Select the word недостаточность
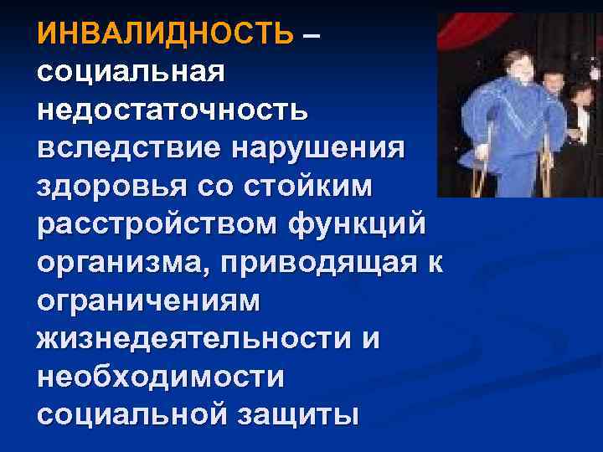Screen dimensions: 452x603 pyautogui.click(x=173, y=110)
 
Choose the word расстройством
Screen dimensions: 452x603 pyautogui.click(x=156, y=223)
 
